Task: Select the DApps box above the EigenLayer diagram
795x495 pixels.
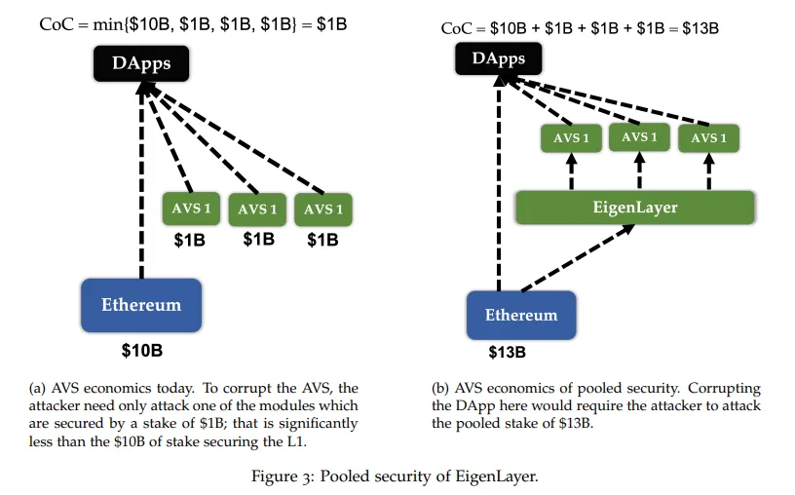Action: point(500,59)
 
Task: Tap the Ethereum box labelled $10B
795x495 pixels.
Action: point(141,306)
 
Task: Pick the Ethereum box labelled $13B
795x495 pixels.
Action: point(521,316)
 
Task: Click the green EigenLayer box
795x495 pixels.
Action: point(635,209)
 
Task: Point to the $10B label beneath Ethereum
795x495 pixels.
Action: point(142,349)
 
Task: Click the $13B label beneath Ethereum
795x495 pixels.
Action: point(508,353)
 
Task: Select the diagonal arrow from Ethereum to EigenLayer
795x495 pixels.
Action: point(577,258)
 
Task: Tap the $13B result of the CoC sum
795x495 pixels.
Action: point(699,28)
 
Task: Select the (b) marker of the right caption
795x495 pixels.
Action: point(440,388)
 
